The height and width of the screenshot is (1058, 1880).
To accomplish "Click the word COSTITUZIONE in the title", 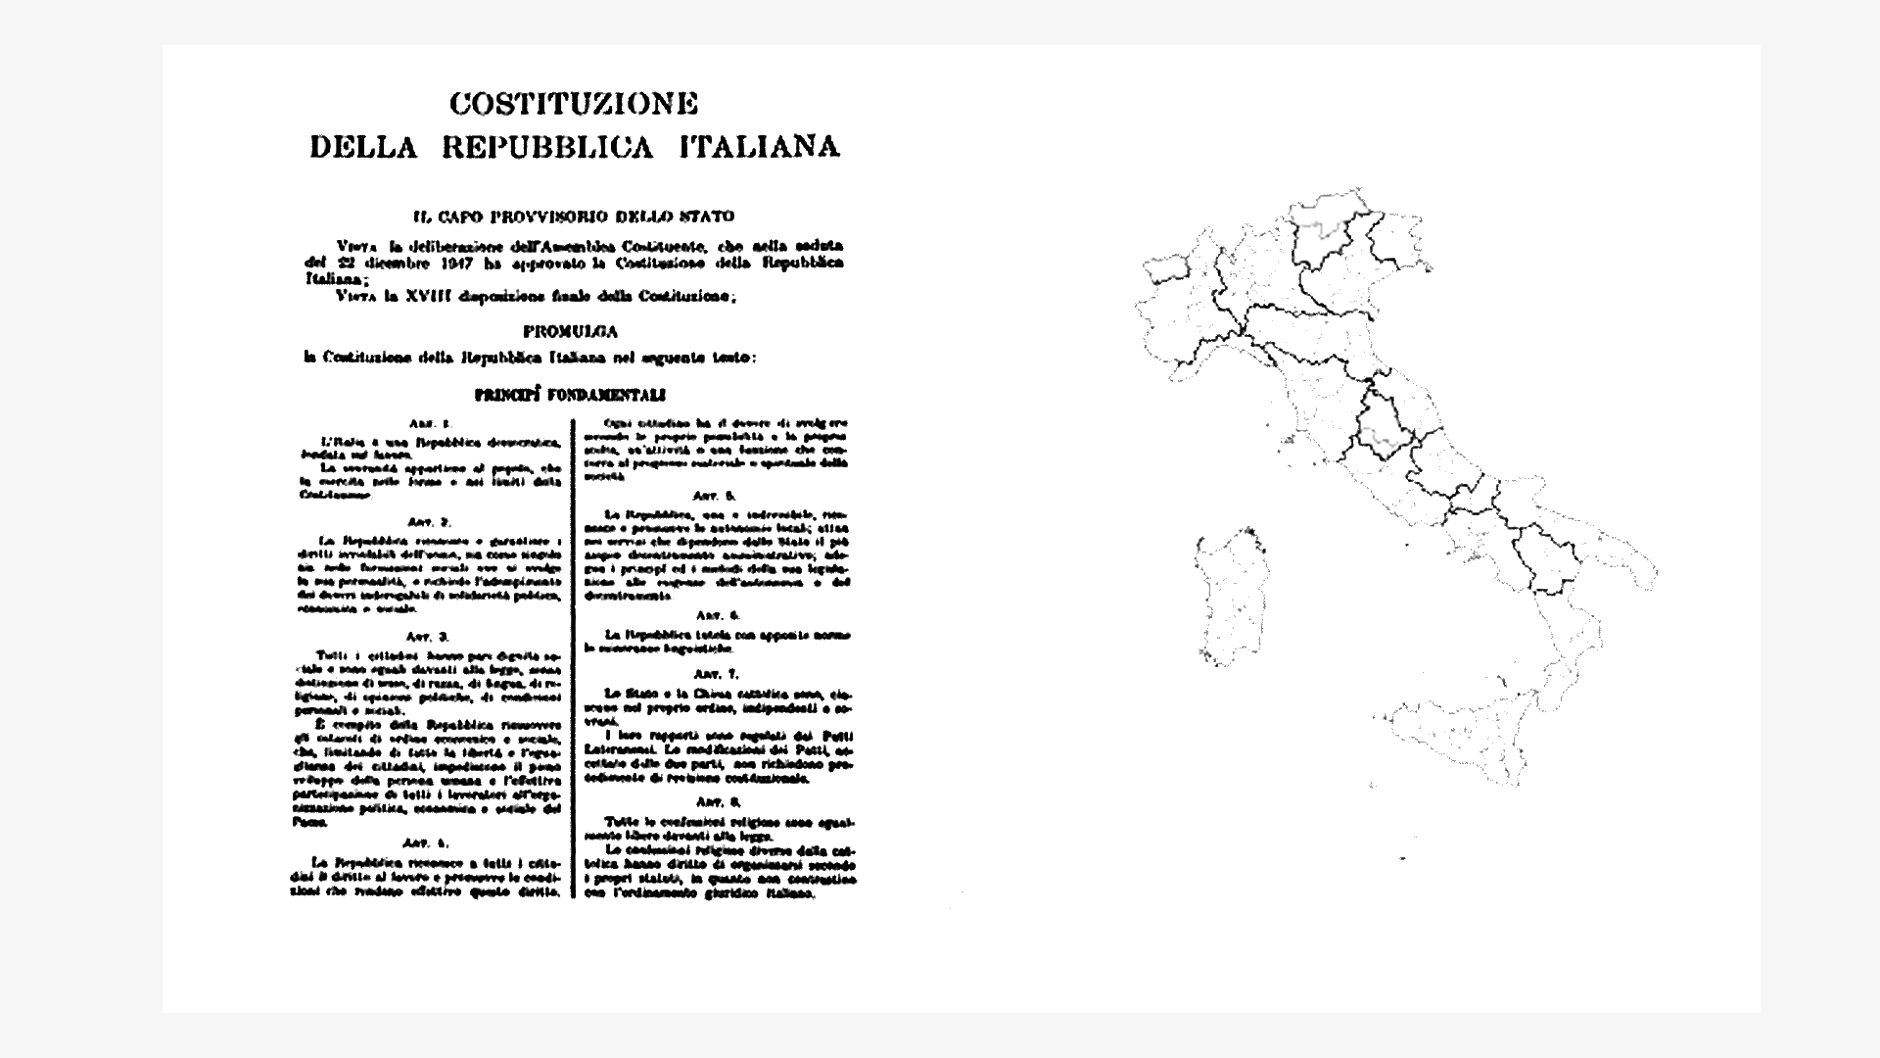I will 573,103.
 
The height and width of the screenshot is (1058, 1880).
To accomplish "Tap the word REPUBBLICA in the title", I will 546,148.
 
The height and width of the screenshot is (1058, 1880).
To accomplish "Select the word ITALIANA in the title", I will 760,148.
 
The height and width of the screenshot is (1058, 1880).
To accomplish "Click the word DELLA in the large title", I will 363,148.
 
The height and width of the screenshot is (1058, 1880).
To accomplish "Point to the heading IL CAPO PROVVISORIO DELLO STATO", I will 574,216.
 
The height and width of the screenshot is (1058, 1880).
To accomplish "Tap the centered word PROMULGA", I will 570,332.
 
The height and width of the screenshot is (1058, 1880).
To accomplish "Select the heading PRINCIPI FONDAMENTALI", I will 570,395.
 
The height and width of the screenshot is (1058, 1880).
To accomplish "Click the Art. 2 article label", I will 430,522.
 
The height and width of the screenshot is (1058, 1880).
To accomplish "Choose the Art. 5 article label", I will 716,496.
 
